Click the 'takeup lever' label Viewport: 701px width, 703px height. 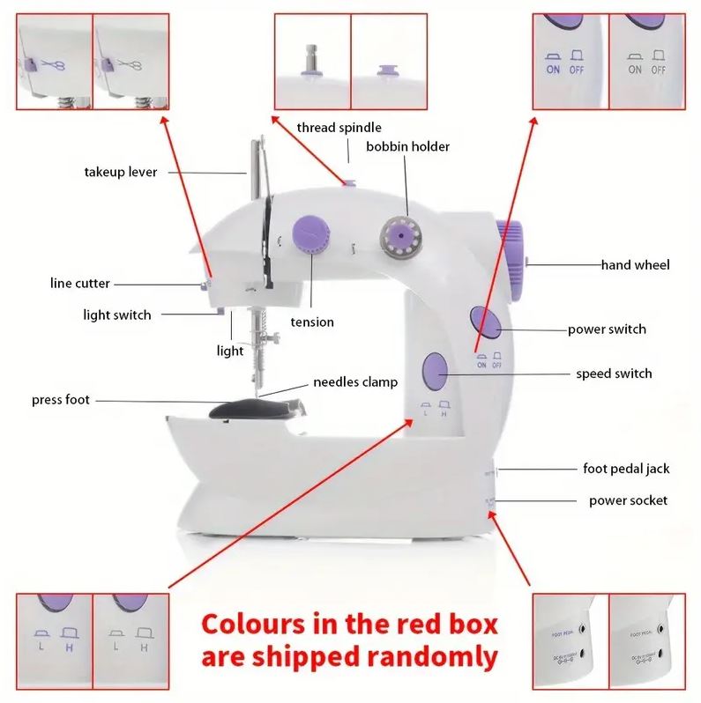click(121, 172)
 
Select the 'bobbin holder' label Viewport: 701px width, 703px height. click(407, 146)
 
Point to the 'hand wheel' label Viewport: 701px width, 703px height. click(635, 264)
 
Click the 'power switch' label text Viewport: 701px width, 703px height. click(607, 329)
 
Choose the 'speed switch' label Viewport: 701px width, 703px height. click(614, 374)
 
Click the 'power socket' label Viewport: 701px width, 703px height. click(628, 500)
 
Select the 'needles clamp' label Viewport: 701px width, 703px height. click(355, 382)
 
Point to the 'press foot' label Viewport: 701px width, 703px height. click(61, 400)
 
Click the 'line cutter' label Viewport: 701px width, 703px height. click(80, 284)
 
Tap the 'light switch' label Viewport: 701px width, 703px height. click(117, 314)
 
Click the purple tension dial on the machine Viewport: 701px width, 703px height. click(309, 233)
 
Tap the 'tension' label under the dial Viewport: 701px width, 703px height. click(312, 322)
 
